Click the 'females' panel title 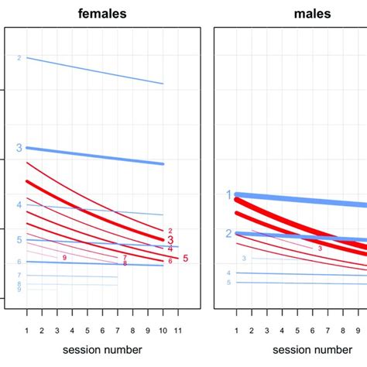(103, 13)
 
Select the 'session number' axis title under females (103, 351)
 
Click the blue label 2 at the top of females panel (19, 57)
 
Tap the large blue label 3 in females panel (19, 147)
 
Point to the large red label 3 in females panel (170, 240)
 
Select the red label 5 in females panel (185, 258)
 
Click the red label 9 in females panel (64, 257)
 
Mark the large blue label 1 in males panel (228, 195)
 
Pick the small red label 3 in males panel (320, 249)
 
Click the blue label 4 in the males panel (229, 273)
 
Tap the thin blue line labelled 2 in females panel (93, 70)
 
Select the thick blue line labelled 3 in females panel (93, 156)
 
